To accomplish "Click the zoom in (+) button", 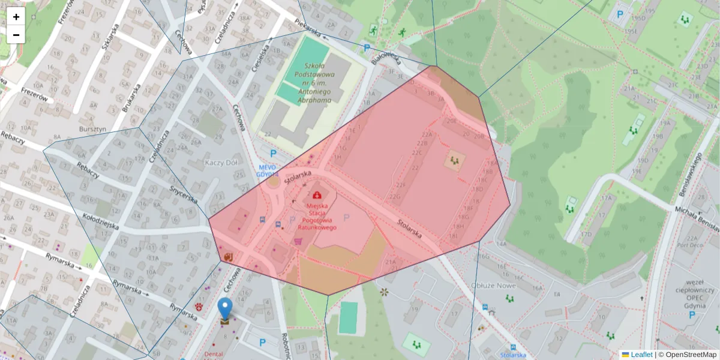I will tap(16, 17).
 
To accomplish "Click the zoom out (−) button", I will tap(16, 35).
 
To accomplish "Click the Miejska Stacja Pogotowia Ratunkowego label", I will tap(317, 216).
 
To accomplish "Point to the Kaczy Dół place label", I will tap(223, 163).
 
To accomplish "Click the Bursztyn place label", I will tap(92, 129).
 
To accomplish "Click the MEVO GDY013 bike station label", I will tap(268, 170).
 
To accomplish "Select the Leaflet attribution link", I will tap(641, 355).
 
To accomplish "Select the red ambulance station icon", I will tap(316, 194).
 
